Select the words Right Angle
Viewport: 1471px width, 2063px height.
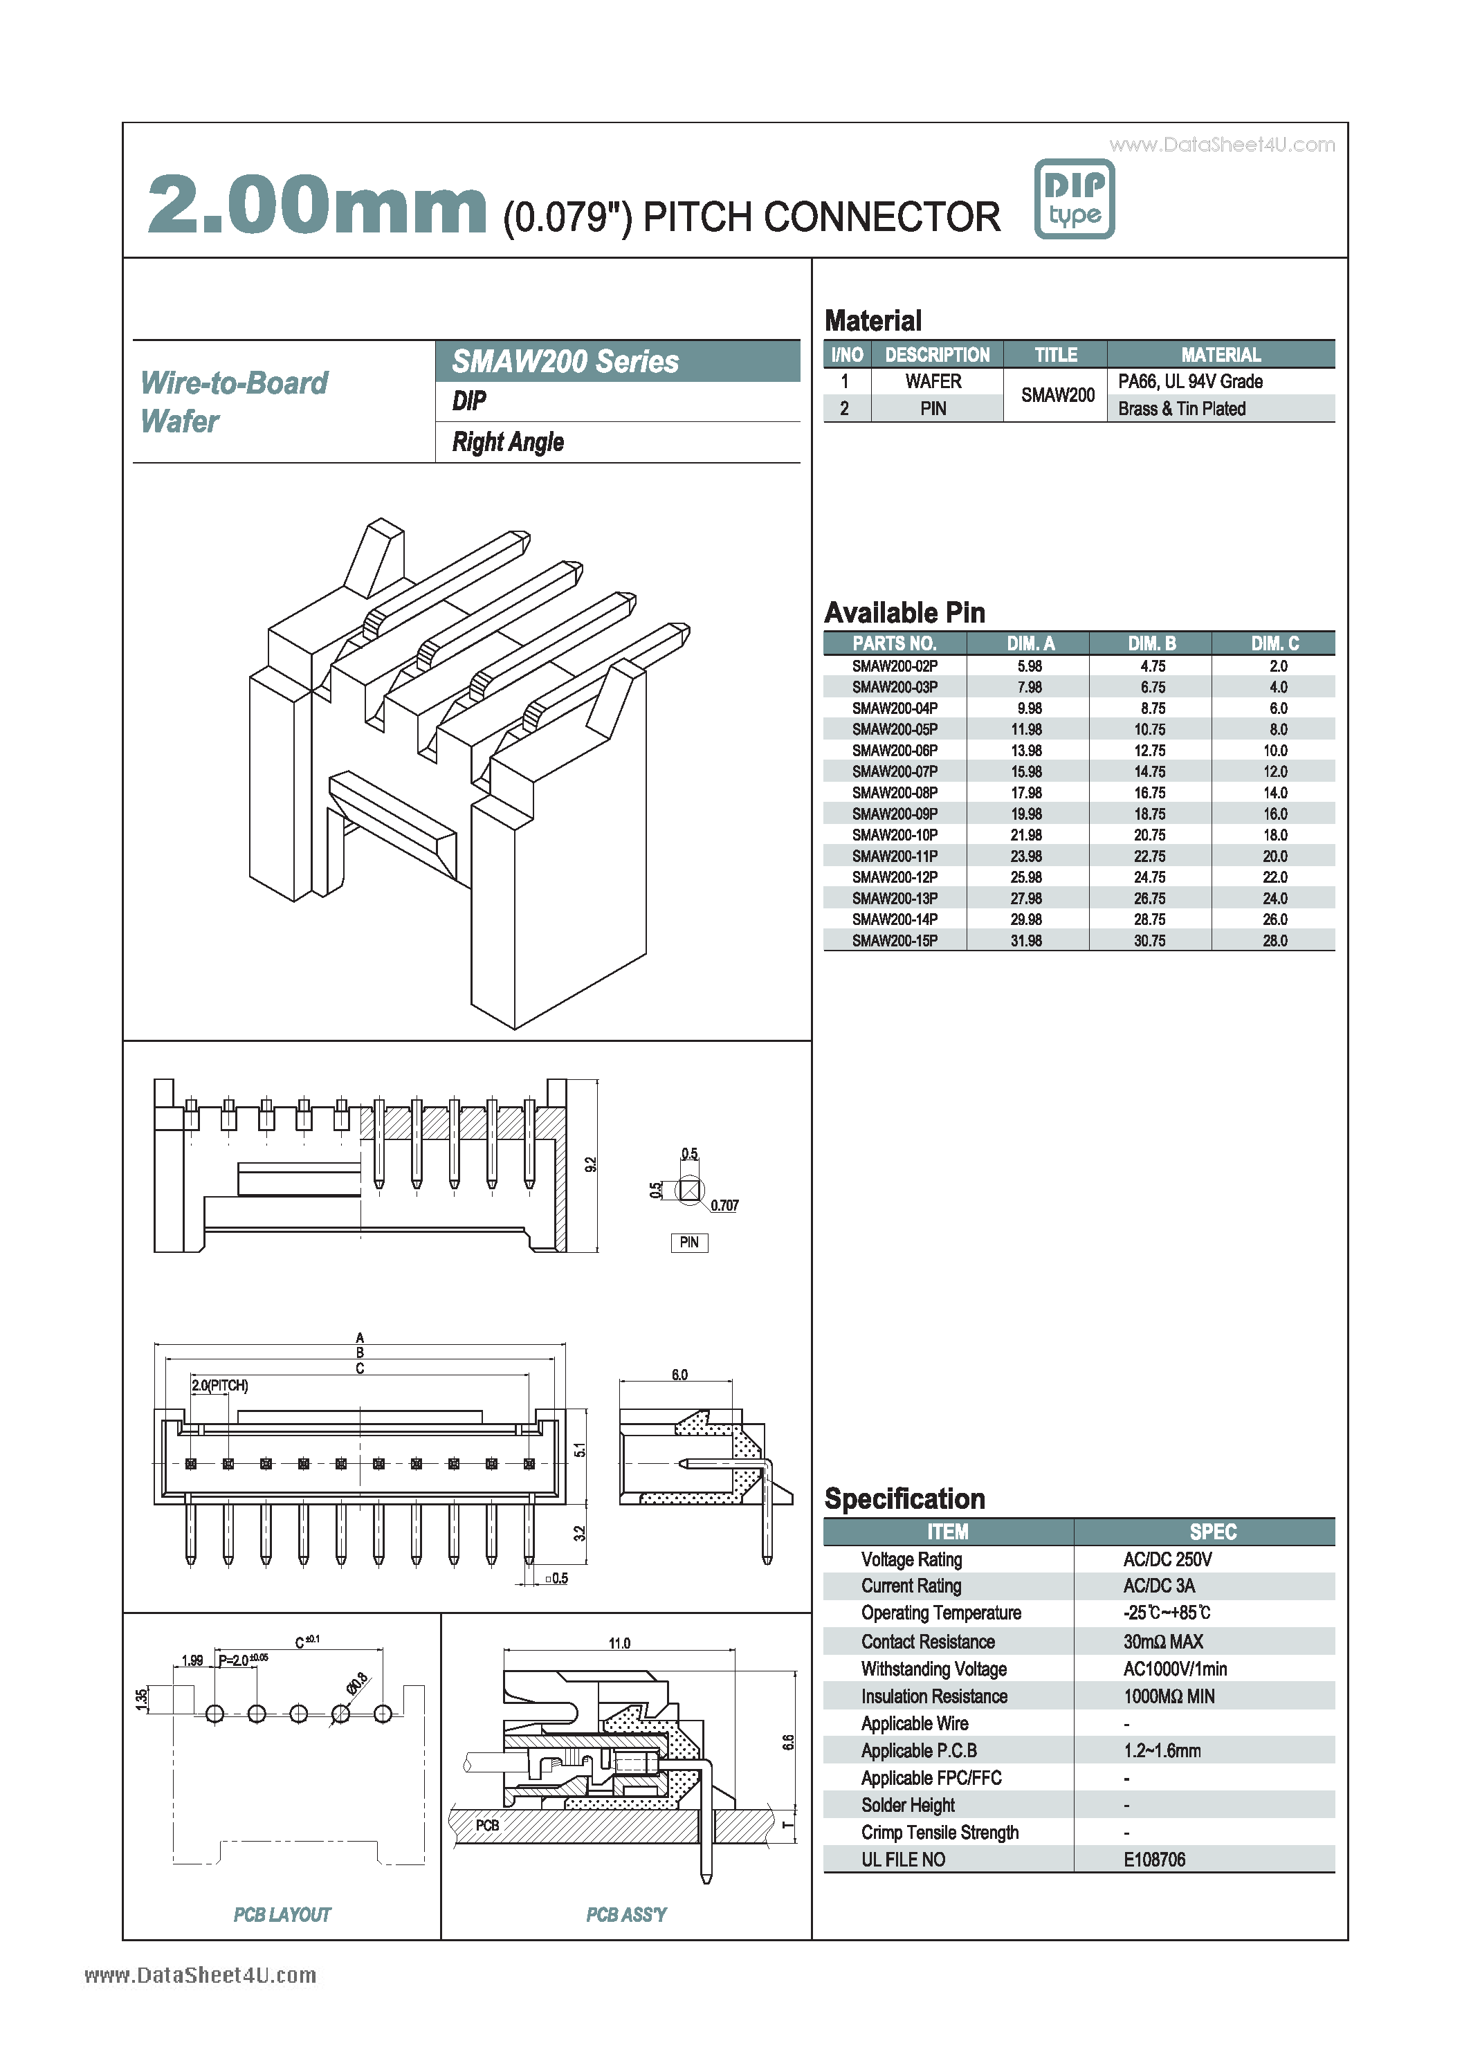click(x=507, y=442)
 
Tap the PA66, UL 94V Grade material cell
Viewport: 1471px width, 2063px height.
click(x=1189, y=381)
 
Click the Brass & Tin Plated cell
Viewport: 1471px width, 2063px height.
click(x=1181, y=408)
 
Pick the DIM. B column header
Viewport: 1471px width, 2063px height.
click(x=1151, y=643)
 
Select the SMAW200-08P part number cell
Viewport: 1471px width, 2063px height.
click(x=894, y=792)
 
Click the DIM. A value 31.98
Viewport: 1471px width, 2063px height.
click(x=1026, y=941)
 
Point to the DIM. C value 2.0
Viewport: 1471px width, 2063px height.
click(x=1277, y=666)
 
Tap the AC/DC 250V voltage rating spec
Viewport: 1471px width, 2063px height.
click(x=1167, y=1559)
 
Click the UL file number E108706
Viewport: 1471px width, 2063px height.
click(x=1154, y=1859)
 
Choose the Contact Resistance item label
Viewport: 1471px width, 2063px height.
click(x=928, y=1642)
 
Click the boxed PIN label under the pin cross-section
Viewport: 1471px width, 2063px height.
click(x=688, y=1243)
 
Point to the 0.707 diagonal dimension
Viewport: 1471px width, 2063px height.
click(x=724, y=1205)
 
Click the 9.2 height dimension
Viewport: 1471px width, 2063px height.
click(x=591, y=1164)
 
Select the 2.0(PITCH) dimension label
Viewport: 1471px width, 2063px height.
click(x=219, y=1386)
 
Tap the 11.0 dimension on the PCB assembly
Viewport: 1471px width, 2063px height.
click(x=619, y=1643)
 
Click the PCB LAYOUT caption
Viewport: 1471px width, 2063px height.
click(x=282, y=1914)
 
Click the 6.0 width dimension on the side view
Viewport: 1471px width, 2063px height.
click(x=679, y=1375)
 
